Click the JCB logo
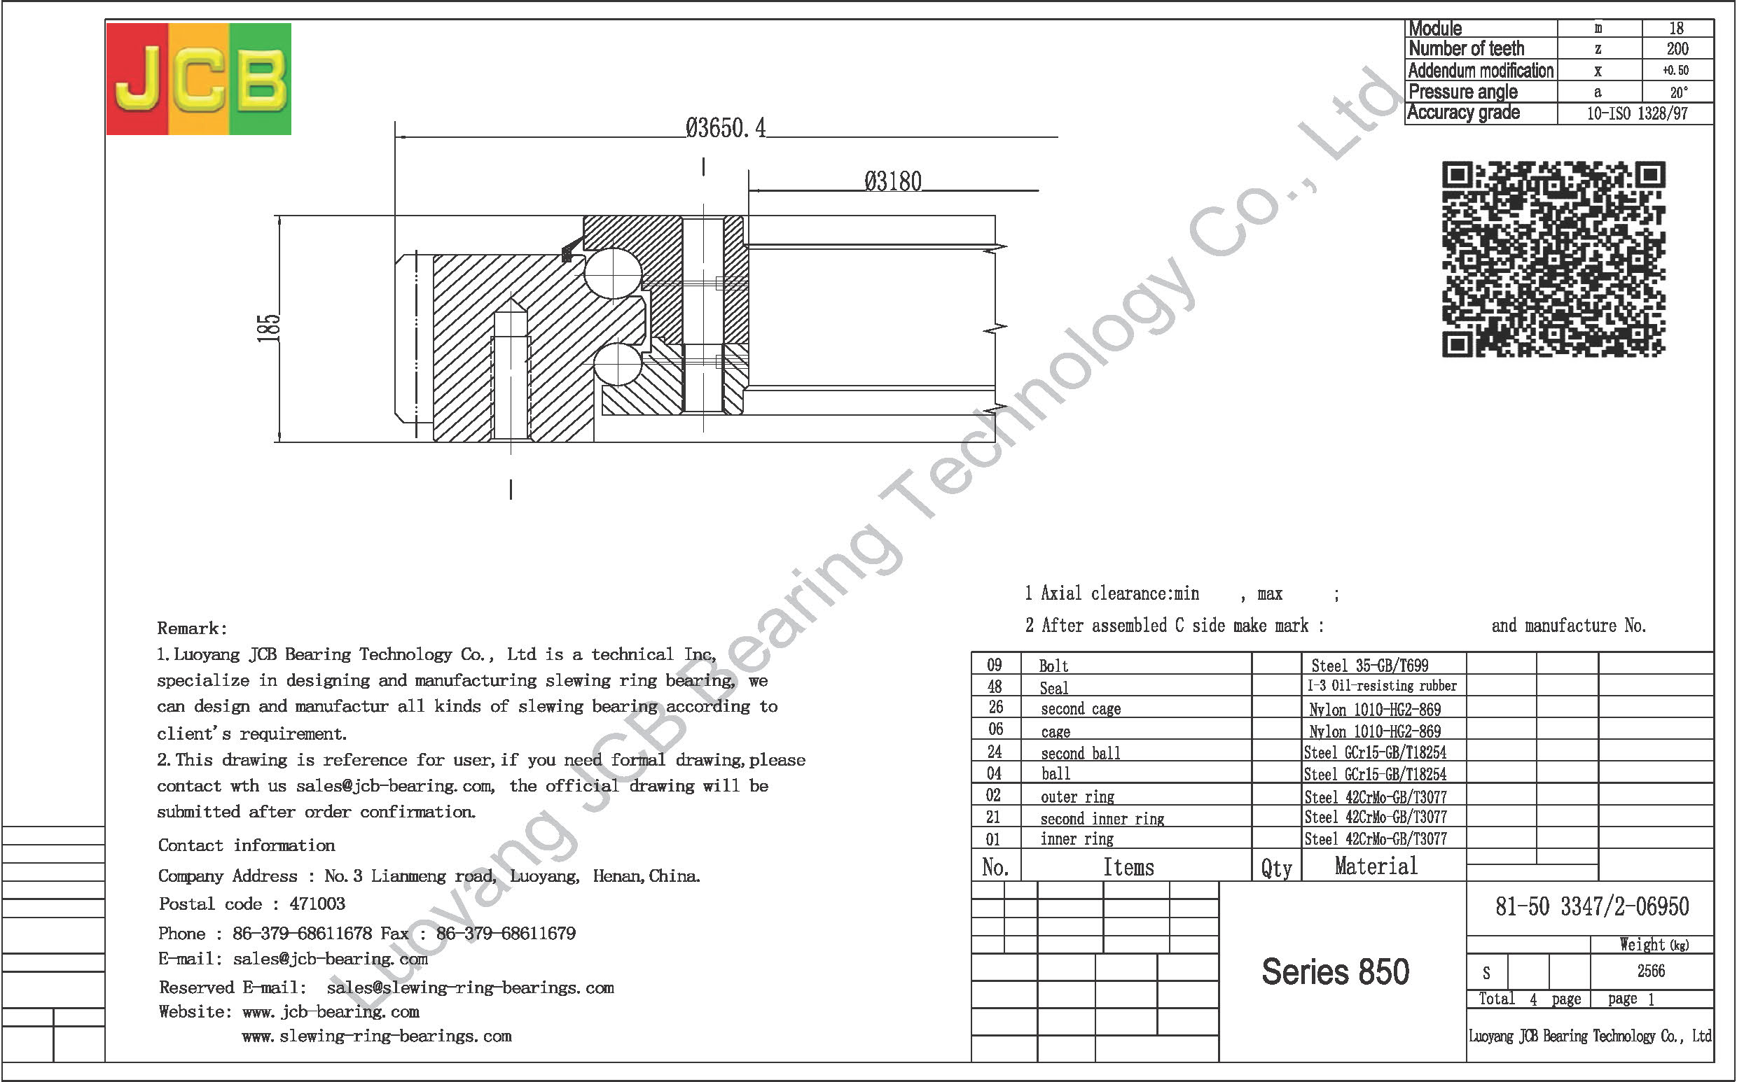pyautogui.click(x=199, y=78)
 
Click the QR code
pyautogui.click(x=1553, y=259)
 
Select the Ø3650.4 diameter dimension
pyautogui.click(x=726, y=128)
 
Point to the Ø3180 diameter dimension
pyautogui.click(x=893, y=181)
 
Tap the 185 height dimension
pyautogui.click(x=268, y=328)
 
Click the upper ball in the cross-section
pyautogui.click(x=613, y=273)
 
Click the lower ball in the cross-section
pyautogui.click(x=616, y=364)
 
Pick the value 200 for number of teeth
pyautogui.click(x=1677, y=49)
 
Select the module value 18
pyautogui.click(x=1677, y=28)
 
